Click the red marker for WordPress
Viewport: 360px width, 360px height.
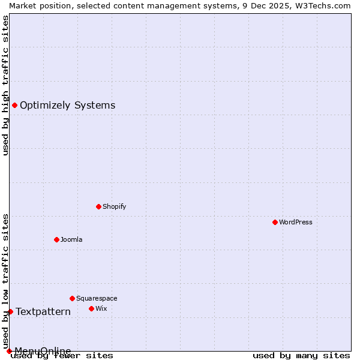click(x=275, y=222)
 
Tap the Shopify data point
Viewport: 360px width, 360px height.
click(x=98, y=206)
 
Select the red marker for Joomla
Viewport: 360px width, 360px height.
click(x=56, y=239)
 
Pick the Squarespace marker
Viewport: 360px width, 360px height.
click(x=72, y=298)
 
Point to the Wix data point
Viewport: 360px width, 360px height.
click(x=91, y=308)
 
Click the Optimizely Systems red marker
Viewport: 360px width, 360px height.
click(x=14, y=106)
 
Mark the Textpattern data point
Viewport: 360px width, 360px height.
click(x=10, y=311)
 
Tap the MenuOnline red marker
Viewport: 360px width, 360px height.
click(x=9, y=351)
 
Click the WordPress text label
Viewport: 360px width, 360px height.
click(x=296, y=222)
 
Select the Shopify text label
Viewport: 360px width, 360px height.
click(x=115, y=206)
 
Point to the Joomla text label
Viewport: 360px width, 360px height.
click(x=71, y=239)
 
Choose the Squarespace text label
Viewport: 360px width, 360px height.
click(x=97, y=298)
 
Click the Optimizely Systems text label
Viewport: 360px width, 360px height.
click(x=68, y=106)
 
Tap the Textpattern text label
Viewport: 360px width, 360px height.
click(x=43, y=311)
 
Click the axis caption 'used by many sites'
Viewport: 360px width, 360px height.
click(x=301, y=356)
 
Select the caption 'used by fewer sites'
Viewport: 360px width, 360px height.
click(x=62, y=356)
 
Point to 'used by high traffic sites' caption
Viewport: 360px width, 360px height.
click(x=6, y=85)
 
